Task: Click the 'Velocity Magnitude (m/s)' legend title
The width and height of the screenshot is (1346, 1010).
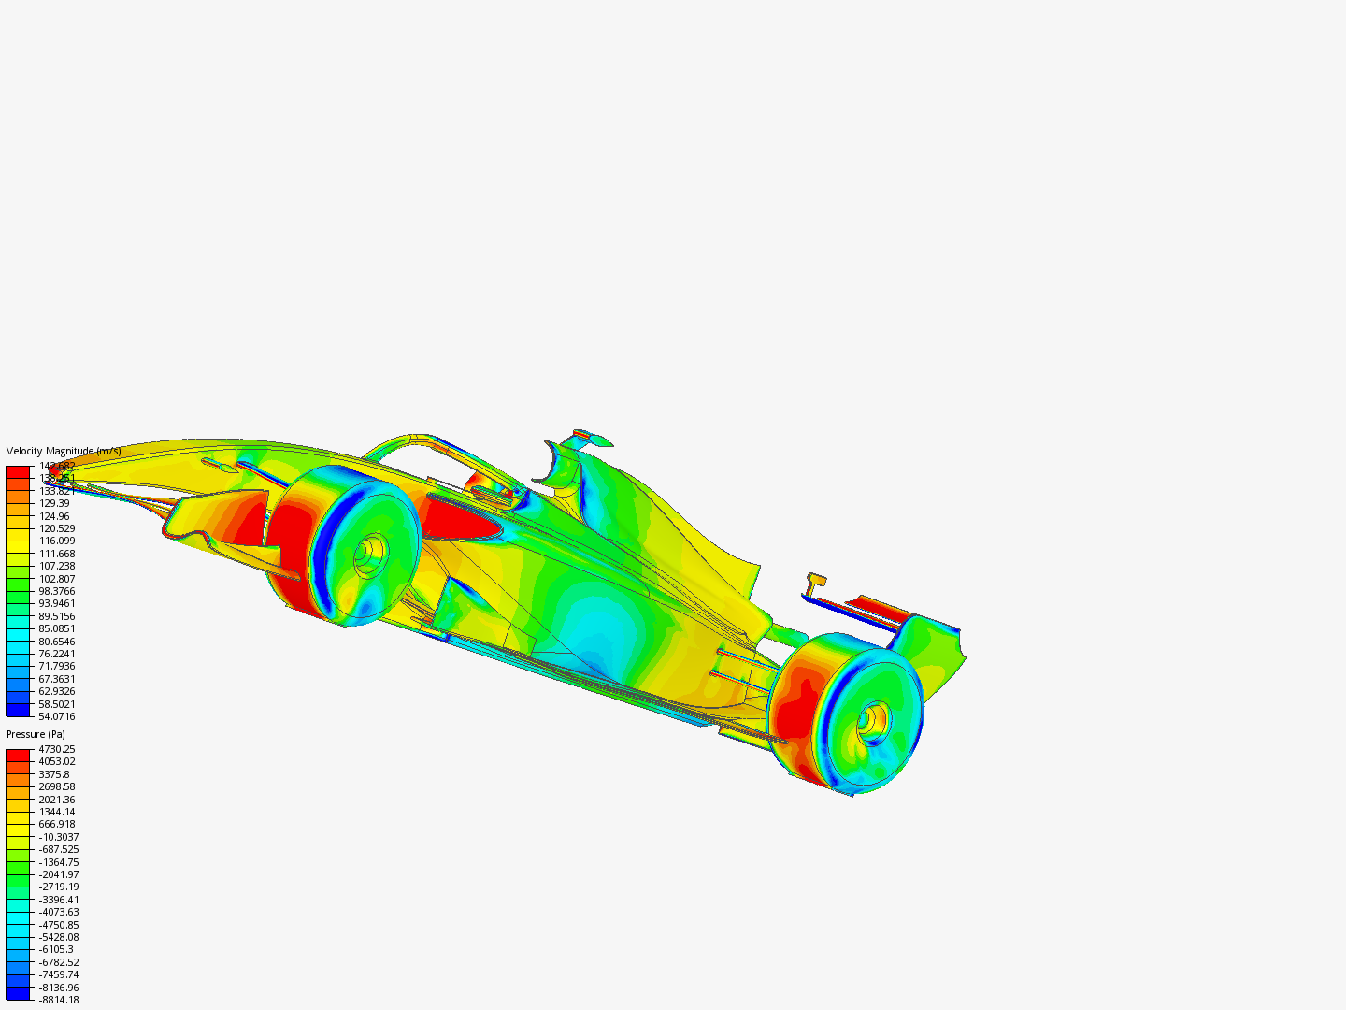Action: pyautogui.click(x=64, y=451)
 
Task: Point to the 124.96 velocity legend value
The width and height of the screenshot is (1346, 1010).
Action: pyautogui.click(x=54, y=516)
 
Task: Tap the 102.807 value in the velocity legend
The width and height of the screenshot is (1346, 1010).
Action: pyautogui.click(x=56, y=579)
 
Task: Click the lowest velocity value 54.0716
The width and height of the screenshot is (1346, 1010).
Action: pyautogui.click(x=56, y=716)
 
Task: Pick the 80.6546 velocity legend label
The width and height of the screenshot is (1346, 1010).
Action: pyautogui.click(x=56, y=642)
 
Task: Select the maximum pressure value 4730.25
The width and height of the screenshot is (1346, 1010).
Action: pyautogui.click(x=56, y=749)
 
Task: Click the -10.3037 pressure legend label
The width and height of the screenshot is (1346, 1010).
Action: pyautogui.click(x=58, y=837)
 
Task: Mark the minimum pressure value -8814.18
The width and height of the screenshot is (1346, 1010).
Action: pyautogui.click(x=58, y=1000)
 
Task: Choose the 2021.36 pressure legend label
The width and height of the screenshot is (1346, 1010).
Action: pyautogui.click(x=56, y=800)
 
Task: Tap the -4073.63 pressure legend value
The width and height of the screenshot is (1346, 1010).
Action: pyautogui.click(x=58, y=912)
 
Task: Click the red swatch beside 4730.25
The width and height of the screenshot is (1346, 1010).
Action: pyautogui.click(x=18, y=755)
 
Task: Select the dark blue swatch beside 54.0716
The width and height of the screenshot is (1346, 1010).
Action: pyautogui.click(x=18, y=710)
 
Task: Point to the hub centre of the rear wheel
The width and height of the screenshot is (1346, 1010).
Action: pyautogui.click(x=872, y=719)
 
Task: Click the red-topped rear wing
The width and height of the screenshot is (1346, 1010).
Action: pyautogui.click(x=879, y=608)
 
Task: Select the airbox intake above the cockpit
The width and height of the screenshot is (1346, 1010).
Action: pyautogui.click(x=561, y=468)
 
